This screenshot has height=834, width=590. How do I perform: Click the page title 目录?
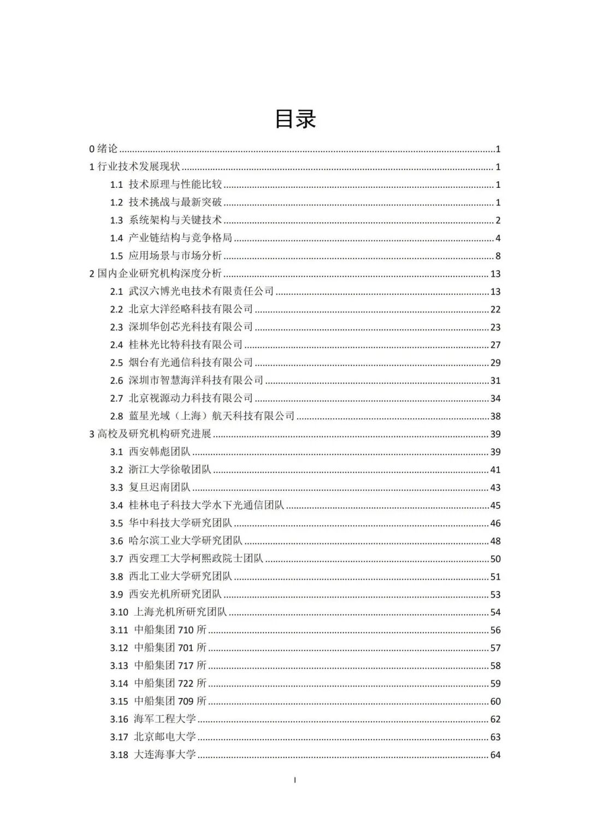point(295,119)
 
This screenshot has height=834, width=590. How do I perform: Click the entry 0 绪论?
point(104,149)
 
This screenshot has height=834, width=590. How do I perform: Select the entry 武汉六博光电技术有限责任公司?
point(201,292)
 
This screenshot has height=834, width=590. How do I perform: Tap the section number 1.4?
point(116,238)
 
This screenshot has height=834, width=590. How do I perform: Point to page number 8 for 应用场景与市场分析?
point(498,256)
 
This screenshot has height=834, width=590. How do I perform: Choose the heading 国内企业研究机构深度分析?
point(160,274)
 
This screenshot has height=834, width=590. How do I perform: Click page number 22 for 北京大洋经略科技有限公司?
point(495,310)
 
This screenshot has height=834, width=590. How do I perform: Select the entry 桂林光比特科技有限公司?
point(185,345)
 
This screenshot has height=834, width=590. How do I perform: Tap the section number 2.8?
point(116,416)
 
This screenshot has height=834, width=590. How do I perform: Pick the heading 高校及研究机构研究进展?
point(154,434)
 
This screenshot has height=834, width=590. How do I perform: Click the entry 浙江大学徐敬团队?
point(170,470)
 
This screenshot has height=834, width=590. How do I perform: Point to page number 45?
point(495,506)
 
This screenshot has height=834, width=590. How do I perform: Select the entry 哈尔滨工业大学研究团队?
point(185,541)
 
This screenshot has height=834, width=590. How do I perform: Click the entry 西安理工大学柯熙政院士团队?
point(196,559)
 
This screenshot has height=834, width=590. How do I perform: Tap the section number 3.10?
point(119,612)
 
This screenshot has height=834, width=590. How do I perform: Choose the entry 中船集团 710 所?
point(170,630)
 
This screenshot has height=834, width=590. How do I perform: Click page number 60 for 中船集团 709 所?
point(495,701)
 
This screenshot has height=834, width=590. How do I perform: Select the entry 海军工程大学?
point(164,719)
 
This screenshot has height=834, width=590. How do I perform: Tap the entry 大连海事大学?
point(164,755)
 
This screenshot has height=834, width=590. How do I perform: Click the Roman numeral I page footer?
point(295,780)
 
